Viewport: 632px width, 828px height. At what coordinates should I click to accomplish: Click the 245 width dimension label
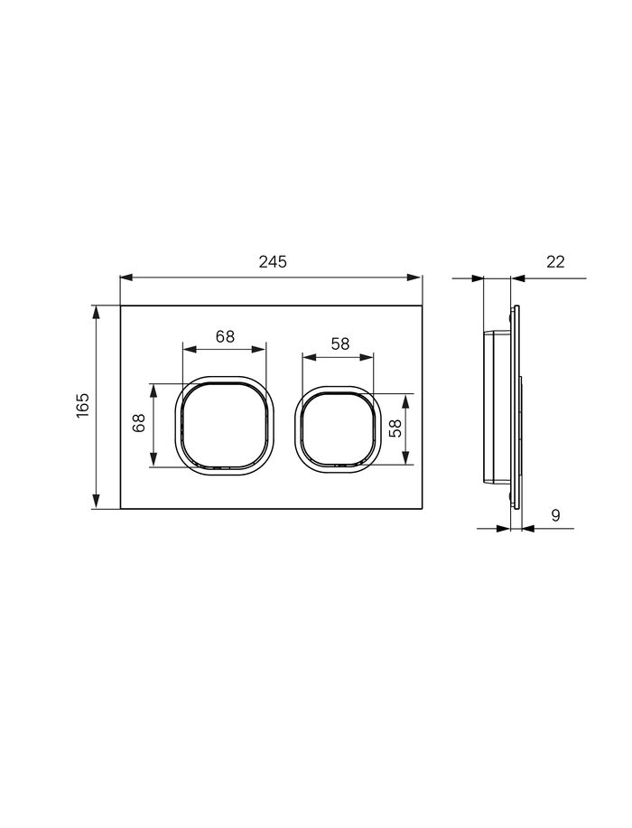(x=273, y=261)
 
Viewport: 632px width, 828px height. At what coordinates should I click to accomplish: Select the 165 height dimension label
(x=83, y=406)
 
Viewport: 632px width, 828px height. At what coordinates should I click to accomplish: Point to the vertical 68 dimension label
(x=138, y=423)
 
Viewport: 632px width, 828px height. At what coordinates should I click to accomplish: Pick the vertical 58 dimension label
(x=395, y=428)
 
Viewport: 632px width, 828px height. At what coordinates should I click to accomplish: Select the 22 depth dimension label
(x=555, y=261)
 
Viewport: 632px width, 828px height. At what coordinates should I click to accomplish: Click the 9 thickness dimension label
(x=555, y=515)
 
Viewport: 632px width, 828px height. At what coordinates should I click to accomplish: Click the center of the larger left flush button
(x=224, y=426)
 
